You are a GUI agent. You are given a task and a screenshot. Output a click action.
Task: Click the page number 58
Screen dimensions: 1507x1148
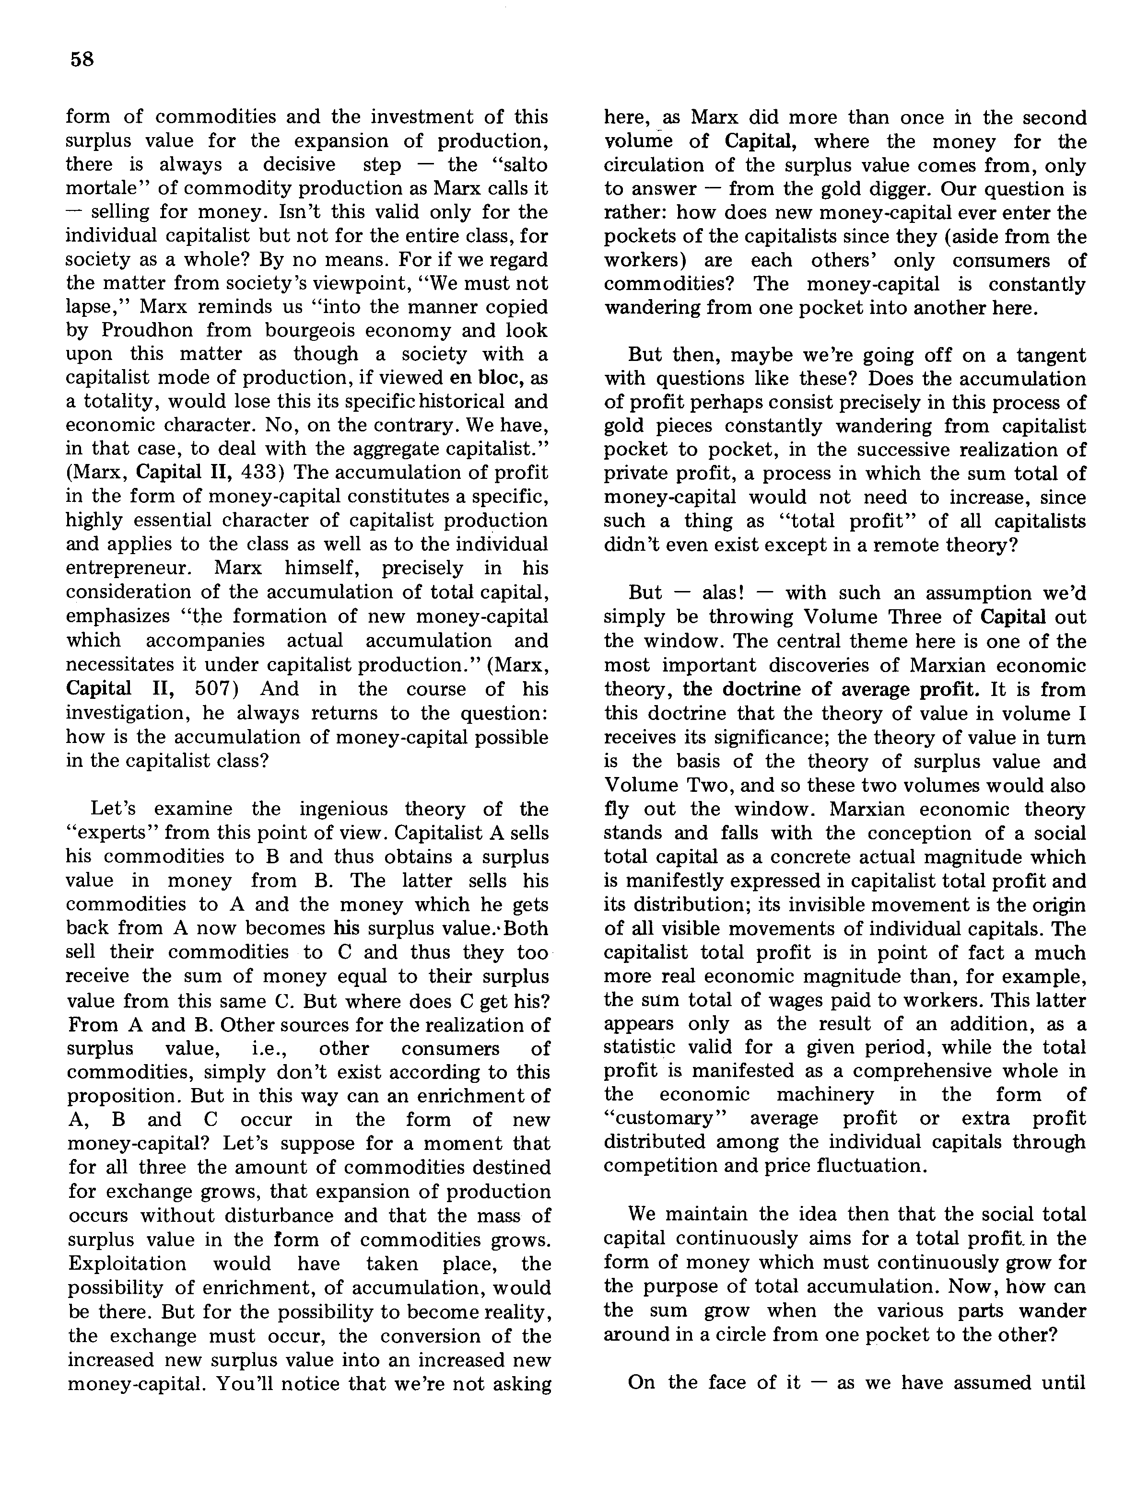point(82,59)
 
